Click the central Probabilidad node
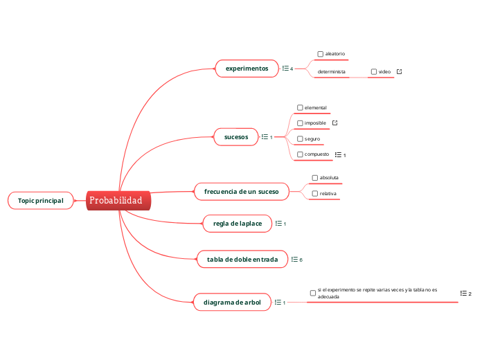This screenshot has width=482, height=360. [x=116, y=201]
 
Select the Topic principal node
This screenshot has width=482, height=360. [x=40, y=201]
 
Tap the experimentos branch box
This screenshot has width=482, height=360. [x=247, y=69]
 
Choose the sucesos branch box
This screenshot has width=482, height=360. [x=236, y=137]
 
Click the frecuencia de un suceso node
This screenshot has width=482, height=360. [x=237, y=191]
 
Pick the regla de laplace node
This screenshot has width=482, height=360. [x=237, y=224]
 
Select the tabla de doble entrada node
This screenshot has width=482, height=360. [x=242, y=260]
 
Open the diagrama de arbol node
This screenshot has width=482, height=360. [x=232, y=303]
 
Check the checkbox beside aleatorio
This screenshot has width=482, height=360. [x=320, y=54]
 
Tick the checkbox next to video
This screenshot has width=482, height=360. [x=374, y=72]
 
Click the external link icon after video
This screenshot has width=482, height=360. [x=399, y=72]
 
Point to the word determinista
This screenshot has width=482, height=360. [x=331, y=72]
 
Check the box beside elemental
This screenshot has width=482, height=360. [x=300, y=107]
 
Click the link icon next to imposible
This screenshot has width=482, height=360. [x=335, y=123]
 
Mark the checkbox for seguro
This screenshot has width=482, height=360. [x=300, y=138]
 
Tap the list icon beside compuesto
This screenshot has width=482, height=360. [x=337, y=154]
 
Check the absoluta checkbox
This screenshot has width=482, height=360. [x=314, y=178]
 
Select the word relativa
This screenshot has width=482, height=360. [x=328, y=194]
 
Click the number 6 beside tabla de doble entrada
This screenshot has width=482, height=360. [x=301, y=260]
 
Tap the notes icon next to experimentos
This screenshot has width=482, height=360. [x=285, y=69]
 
